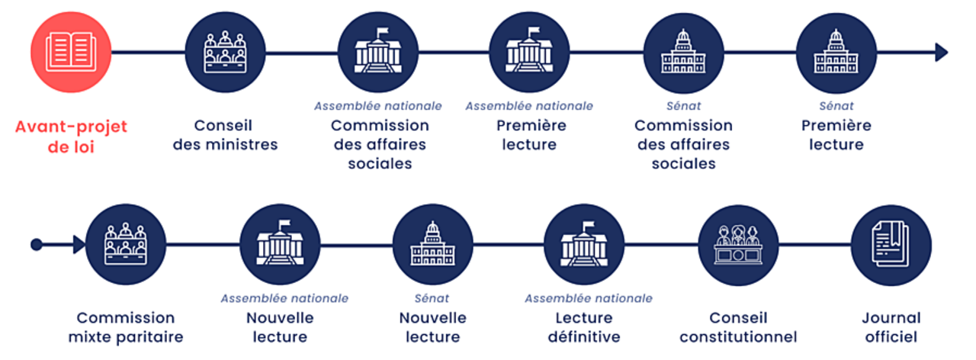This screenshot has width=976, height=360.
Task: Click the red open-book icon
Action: click(x=71, y=52)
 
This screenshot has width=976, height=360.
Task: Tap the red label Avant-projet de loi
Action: click(x=71, y=136)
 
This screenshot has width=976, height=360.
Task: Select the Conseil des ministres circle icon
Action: click(x=226, y=52)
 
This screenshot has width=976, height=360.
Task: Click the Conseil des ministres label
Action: click(x=226, y=134)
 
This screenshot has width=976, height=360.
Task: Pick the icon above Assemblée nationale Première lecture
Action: click(x=529, y=52)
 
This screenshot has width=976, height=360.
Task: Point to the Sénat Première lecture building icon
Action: click(x=836, y=52)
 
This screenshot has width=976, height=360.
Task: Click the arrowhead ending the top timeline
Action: click(x=942, y=53)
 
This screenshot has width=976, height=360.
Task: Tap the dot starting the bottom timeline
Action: click(x=36, y=244)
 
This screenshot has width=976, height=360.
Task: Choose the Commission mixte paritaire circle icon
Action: click(x=126, y=244)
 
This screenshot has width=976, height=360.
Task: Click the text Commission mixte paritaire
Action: click(x=126, y=326)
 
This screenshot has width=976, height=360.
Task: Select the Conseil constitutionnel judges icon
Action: click(x=738, y=244)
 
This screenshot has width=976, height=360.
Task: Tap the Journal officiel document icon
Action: click(x=891, y=244)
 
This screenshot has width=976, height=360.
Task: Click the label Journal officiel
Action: click(x=891, y=326)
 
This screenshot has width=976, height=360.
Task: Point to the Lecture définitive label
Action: click(x=584, y=326)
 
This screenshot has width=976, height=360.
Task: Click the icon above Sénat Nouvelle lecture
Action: click(x=432, y=244)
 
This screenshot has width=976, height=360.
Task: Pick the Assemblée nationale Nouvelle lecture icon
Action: click(x=280, y=244)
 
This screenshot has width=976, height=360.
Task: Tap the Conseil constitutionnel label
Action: click(x=738, y=326)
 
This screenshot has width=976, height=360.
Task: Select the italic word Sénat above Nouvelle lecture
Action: click(x=432, y=298)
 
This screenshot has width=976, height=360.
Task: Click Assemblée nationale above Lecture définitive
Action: click(x=588, y=298)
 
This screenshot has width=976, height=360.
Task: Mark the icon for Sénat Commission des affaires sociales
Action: click(x=683, y=52)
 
